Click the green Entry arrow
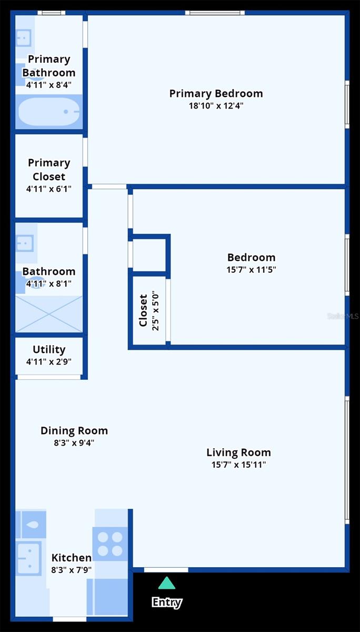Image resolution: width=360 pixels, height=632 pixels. (167, 583)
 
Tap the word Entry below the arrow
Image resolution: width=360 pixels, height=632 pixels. (167, 602)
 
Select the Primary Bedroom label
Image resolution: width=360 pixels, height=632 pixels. (216, 93)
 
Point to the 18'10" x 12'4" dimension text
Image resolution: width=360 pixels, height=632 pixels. (216, 106)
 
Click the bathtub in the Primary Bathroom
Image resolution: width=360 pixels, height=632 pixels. (49, 112)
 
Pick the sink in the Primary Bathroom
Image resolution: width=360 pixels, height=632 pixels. (24, 37)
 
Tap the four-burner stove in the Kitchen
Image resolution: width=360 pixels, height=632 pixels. (110, 544)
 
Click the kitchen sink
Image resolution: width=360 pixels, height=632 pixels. (28, 558)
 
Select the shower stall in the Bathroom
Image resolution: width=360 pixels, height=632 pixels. (49, 314)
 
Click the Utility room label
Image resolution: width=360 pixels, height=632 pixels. (49, 349)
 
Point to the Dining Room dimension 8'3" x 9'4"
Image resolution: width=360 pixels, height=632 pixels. (74, 443)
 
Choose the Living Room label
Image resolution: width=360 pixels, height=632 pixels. (238, 452)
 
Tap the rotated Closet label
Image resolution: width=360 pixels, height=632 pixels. (143, 310)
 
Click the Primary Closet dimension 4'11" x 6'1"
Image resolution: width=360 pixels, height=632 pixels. (49, 189)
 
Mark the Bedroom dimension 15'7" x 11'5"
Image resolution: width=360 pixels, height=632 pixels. (251, 270)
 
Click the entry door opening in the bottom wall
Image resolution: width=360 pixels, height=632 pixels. (166, 570)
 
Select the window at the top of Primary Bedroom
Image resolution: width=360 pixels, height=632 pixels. (215, 13)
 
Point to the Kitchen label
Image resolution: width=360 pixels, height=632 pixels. (72, 558)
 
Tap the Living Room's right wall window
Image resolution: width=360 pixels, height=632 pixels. (347, 460)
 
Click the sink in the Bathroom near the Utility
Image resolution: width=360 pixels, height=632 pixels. (25, 243)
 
